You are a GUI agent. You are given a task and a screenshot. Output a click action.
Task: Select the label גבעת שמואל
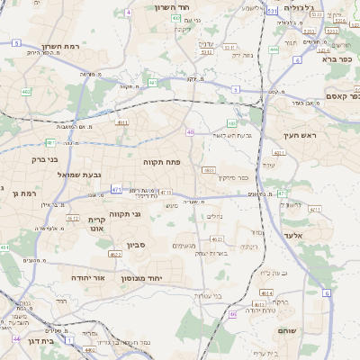[84, 174]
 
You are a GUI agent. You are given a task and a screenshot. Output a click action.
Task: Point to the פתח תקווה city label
[161, 161]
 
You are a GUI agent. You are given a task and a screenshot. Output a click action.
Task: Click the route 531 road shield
[272, 11]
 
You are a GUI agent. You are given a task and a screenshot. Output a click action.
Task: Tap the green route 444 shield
[273, 50]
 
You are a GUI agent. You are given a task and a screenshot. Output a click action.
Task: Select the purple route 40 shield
[190, 132]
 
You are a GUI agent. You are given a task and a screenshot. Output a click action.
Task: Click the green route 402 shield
[26, 92]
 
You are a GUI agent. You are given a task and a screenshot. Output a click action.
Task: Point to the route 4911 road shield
[122, 122]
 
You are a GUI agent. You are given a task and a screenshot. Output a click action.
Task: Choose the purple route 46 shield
[231, 314]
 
